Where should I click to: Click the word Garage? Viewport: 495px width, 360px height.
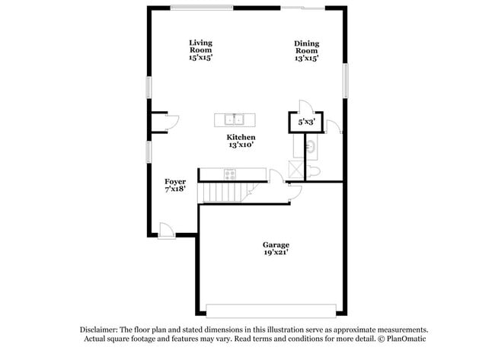[276, 244]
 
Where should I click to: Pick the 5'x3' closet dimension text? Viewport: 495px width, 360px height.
[305, 122]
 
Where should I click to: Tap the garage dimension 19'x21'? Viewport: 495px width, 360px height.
[276, 252]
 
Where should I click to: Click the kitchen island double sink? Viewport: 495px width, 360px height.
[235, 119]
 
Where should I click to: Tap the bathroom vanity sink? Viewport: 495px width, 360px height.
[311, 145]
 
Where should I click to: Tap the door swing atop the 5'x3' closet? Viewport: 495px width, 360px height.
[305, 106]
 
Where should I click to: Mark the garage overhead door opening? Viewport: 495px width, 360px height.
[271, 311]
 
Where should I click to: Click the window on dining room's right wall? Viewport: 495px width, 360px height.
[345, 81]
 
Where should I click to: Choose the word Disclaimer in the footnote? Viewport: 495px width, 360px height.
[99, 330]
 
